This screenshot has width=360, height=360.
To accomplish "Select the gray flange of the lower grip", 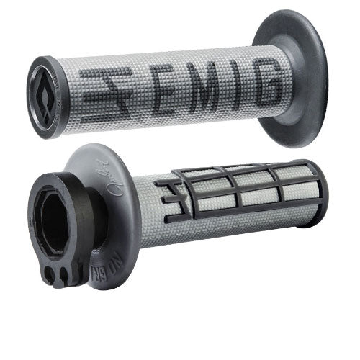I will [108, 173].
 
